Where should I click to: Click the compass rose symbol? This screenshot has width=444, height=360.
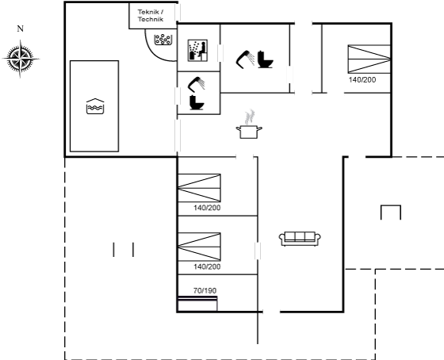21,59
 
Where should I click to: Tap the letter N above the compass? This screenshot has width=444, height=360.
20,29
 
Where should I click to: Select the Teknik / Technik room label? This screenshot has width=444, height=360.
151,16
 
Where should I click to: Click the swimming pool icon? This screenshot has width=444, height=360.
95,106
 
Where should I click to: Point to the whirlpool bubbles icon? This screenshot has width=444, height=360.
163,40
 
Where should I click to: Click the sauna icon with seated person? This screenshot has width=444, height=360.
197,51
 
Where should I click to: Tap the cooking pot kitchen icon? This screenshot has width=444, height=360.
249,124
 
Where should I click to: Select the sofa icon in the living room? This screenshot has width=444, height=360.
300,239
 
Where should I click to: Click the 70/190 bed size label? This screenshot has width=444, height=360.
205,290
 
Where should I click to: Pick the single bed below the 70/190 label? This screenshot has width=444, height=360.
197,304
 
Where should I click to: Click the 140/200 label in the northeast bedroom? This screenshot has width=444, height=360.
362,80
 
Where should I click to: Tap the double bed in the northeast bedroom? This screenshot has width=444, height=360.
369,59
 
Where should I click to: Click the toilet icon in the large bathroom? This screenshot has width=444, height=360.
265,59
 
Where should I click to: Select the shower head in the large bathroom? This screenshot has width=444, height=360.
245,59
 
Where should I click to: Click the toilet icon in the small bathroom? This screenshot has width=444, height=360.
197,102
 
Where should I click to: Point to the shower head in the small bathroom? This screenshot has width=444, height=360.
196,84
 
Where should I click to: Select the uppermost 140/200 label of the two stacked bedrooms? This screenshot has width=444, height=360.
207,208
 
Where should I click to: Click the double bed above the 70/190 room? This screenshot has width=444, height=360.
199,247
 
